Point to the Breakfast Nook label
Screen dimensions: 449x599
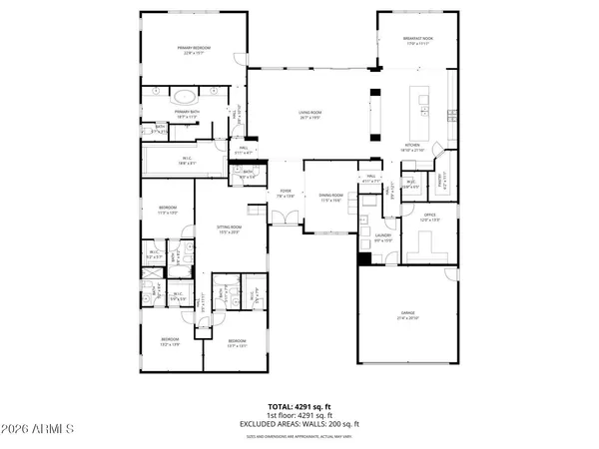(x=416, y=42)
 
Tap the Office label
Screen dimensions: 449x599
(x=430, y=217)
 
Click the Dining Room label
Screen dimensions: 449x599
(x=330, y=198)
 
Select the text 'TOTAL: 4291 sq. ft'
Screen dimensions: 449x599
(x=299, y=408)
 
